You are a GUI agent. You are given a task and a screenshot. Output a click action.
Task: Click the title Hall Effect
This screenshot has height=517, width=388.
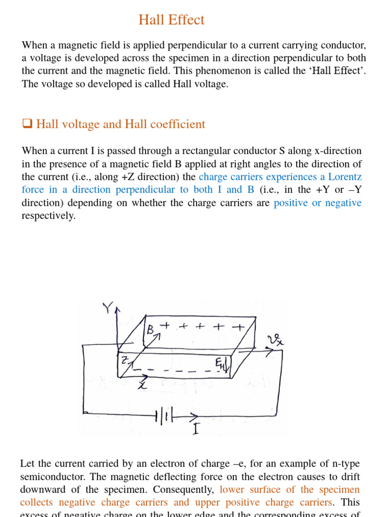[x=172, y=20]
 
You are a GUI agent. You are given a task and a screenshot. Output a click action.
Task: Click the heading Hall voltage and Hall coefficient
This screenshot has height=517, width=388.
[x=121, y=124]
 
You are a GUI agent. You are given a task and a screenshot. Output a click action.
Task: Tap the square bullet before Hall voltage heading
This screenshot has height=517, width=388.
[x=27, y=124]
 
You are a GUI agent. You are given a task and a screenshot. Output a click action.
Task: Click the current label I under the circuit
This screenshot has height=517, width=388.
[x=196, y=430]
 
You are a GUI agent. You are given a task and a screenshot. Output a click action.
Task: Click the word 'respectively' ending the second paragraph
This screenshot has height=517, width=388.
[x=48, y=216]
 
